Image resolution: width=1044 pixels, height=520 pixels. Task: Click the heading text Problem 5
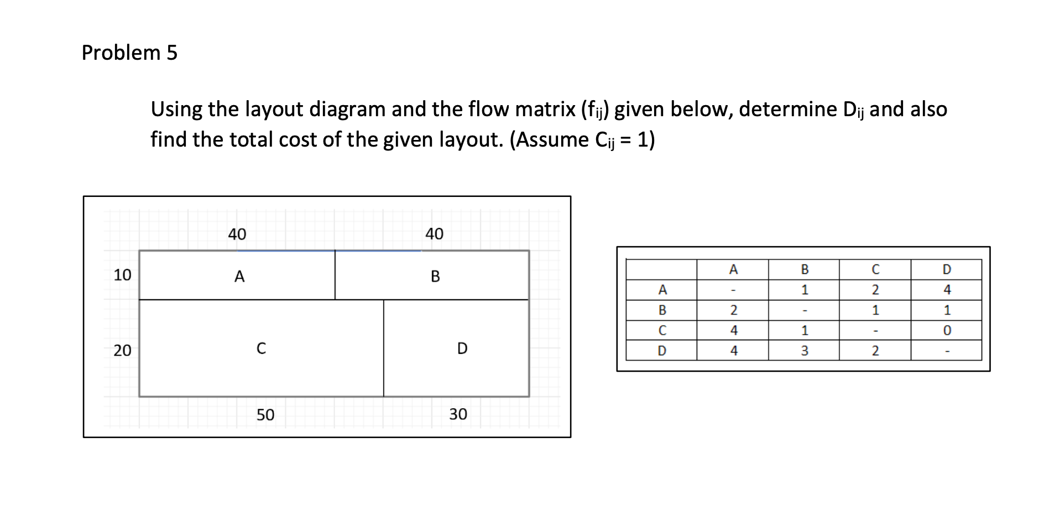point(129,53)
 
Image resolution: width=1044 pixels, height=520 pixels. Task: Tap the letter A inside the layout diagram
point(239,277)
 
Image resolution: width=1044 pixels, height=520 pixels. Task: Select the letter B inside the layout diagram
point(435,277)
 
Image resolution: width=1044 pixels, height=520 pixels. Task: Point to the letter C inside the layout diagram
point(261,349)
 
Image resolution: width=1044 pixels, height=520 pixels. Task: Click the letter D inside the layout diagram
point(462,349)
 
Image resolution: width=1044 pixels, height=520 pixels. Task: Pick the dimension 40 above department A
point(237,235)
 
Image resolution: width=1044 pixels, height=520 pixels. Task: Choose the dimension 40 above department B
point(434,234)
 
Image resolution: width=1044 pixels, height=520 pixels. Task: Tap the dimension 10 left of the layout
point(122,275)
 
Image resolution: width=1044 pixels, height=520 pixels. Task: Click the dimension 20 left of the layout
point(122,350)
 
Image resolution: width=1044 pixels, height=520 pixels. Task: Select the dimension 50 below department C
point(265,415)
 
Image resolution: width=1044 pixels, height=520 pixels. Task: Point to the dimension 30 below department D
point(458,414)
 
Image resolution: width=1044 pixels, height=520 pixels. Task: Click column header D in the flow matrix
point(947,269)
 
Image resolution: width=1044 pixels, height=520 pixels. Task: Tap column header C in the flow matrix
point(875,269)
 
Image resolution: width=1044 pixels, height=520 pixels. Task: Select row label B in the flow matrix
point(662,310)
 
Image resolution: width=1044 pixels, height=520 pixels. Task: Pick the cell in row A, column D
point(947,290)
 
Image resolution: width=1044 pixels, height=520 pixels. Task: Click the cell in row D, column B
point(805,351)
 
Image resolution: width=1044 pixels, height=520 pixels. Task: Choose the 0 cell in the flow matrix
point(947,331)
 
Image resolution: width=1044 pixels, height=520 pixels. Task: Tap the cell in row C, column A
point(733,331)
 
